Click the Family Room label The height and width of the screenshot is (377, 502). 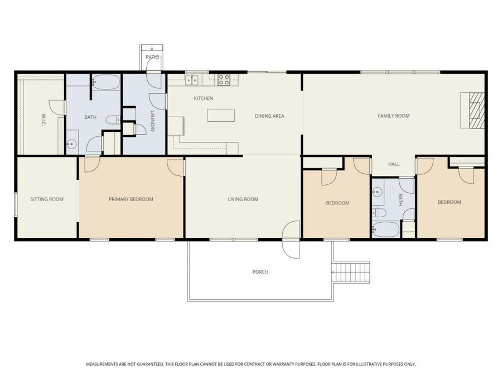(x=393, y=116)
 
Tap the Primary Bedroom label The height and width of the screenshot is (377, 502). (x=131, y=199)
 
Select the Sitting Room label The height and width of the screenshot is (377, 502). (x=47, y=199)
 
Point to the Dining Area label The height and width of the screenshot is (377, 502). (x=269, y=116)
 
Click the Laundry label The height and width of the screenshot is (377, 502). (x=152, y=121)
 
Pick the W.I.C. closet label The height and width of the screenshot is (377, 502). (x=44, y=120)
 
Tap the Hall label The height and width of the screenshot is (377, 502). (x=393, y=164)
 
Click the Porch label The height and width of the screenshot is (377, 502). (x=260, y=272)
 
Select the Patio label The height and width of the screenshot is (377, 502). (x=152, y=57)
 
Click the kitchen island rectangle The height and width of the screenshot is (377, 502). (x=221, y=116)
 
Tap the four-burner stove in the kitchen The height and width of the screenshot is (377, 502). (x=224, y=80)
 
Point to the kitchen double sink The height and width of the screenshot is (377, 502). (x=192, y=80)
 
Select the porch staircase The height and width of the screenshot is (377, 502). (x=351, y=272)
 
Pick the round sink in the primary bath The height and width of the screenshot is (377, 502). (x=72, y=144)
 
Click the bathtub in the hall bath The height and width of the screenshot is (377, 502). (x=386, y=229)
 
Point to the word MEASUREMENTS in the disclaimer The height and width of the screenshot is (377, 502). (x=102, y=364)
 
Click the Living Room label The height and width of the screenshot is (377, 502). (x=243, y=199)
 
